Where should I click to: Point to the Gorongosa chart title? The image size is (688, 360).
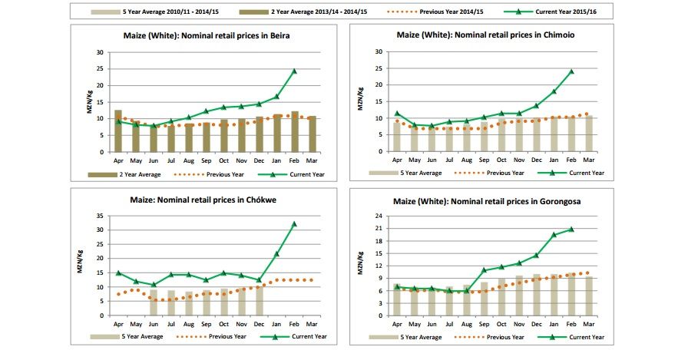click(485, 201)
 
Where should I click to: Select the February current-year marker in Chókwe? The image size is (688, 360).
click(294, 224)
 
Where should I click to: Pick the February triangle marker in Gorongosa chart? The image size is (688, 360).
click(572, 229)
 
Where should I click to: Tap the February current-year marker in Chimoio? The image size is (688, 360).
click(571, 71)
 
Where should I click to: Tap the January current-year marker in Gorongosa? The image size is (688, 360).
click(554, 234)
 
